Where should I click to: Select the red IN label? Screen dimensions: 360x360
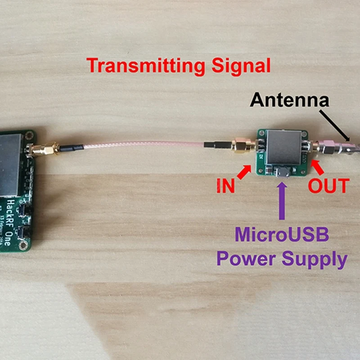pyautogui.click(x=225, y=186)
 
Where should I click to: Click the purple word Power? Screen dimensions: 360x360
pyautogui.click(x=246, y=260)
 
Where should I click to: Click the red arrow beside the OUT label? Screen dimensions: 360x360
pyautogui.click(x=318, y=169)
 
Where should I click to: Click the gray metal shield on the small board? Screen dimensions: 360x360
pyautogui.click(x=284, y=147)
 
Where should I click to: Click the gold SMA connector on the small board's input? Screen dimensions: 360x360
pyautogui.click(x=242, y=147)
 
